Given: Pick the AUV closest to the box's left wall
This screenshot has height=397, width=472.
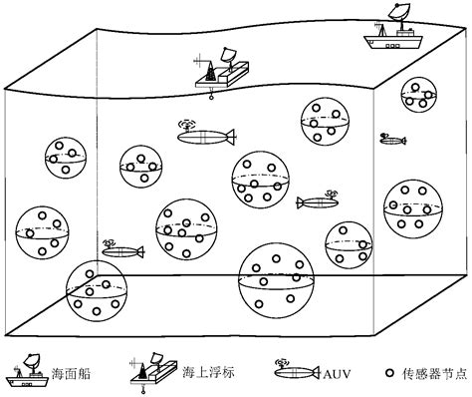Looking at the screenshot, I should point(122,249).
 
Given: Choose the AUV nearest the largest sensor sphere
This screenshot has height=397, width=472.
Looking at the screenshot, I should point(322,202).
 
